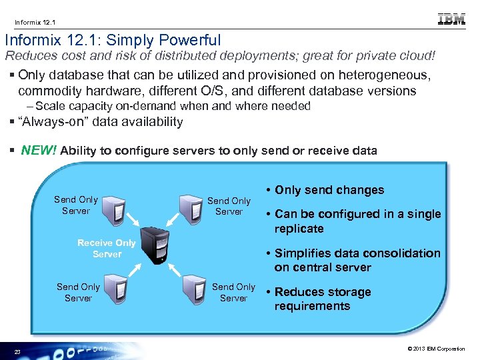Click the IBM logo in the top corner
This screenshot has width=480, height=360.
tap(451, 19)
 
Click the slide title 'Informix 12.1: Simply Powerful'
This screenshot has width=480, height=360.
tap(113, 41)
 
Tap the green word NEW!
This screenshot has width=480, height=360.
tap(39, 150)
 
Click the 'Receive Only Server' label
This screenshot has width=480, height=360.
tap(107, 249)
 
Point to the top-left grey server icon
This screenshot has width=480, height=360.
tap(116, 204)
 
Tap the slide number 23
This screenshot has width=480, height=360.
tap(18, 352)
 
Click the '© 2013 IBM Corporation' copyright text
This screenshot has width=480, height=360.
tap(436, 349)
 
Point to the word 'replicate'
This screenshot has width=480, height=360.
tap(299, 229)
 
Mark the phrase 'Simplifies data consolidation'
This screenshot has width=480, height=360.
tap(357, 253)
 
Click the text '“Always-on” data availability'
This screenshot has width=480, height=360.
tap(100, 121)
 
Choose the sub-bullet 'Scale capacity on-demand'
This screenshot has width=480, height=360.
tap(173, 106)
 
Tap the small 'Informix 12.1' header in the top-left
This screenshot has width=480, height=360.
tap(32, 21)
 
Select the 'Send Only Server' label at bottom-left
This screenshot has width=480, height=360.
tap(78, 293)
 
